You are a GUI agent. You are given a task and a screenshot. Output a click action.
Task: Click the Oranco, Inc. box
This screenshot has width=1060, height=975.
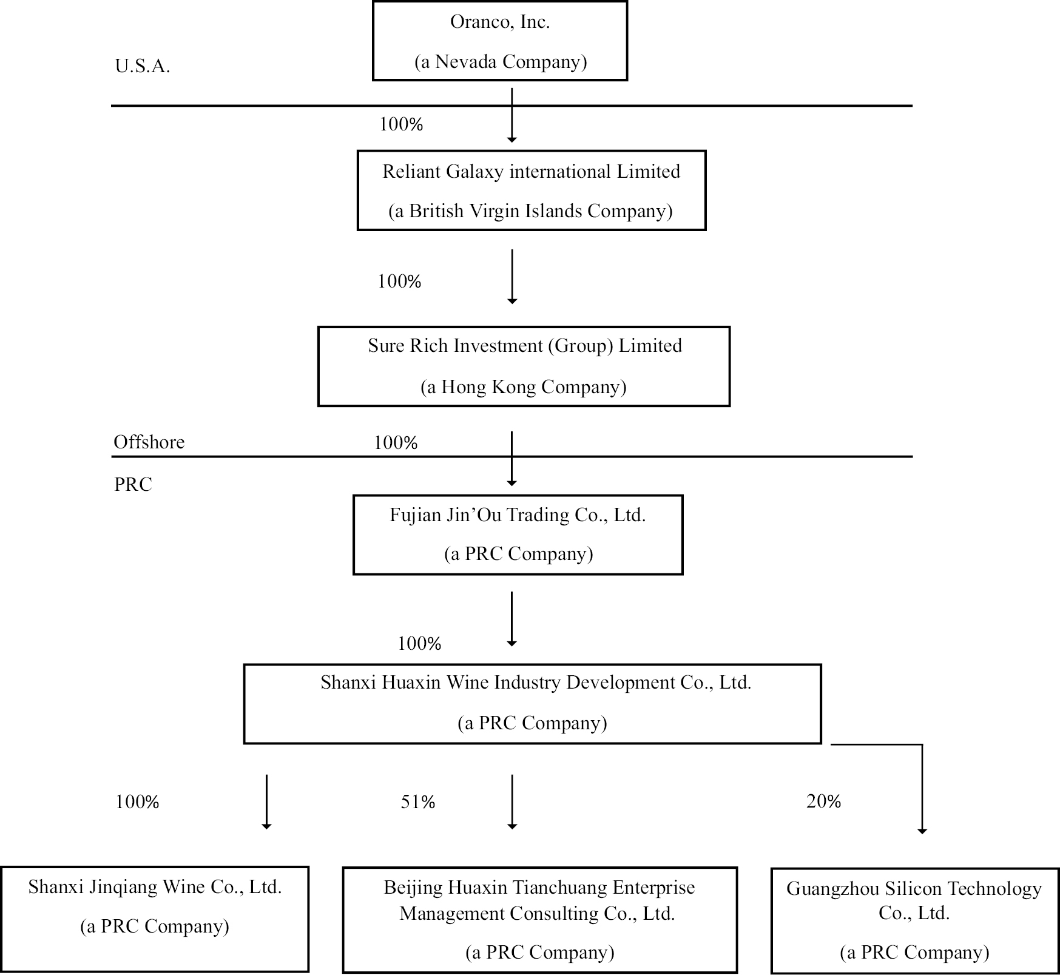tap(499, 41)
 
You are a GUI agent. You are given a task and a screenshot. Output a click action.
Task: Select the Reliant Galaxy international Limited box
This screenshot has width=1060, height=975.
tap(531, 191)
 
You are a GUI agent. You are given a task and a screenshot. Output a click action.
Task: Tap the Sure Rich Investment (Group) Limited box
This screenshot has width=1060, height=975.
tap(524, 366)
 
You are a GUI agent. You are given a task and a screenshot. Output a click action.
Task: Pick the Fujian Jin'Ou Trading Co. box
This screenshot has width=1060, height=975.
tap(518, 535)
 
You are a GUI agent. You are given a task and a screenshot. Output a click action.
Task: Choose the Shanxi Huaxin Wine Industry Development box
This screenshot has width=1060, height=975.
tap(532, 704)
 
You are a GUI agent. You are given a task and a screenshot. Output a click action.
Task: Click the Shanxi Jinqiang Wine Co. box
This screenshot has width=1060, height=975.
tap(155, 919)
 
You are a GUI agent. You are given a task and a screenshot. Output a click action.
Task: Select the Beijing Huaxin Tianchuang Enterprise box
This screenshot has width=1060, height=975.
tap(539, 920)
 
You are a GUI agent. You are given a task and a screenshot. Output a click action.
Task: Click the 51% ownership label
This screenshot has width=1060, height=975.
tap(418, 802)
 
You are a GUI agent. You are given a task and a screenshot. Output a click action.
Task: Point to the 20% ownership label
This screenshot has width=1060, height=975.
tap(823, 801)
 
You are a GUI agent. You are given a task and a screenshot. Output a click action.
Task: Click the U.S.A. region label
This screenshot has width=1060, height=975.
tap(143, 66)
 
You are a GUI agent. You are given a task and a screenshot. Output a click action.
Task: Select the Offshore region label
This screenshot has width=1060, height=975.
tap(149, 442)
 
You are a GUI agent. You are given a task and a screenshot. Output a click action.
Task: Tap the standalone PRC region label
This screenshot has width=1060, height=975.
tap(133, 484)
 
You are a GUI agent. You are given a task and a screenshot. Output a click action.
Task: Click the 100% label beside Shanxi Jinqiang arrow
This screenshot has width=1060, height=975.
tap(137, 802)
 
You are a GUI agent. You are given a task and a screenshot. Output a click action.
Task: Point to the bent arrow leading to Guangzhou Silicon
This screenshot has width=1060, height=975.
tap(922, 789)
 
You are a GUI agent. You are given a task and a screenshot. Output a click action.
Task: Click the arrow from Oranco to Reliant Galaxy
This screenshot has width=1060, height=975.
tap(511, 115)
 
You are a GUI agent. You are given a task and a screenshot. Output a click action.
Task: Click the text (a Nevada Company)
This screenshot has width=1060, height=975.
tap(501, 62)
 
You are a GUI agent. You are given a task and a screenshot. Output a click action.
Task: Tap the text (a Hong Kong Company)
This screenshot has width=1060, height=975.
tap(523, 387)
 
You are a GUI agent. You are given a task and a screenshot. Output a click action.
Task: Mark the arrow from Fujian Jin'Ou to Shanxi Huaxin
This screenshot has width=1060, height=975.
tap(511, 619)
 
